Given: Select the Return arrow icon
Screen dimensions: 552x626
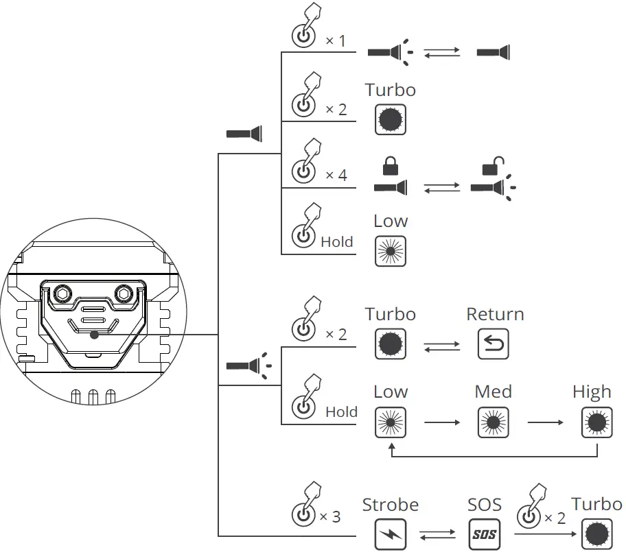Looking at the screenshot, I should pyautogui.click(x=494, y=344).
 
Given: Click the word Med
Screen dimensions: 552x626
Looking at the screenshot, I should pyautogui.click(x=494, y=392).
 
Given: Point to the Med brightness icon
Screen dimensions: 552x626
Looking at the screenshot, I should pyautogui.click(x=494, y=422).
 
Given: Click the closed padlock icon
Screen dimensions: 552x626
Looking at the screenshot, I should pyautogui.click(x=390, y=165).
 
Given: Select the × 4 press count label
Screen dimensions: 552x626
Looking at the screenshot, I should pyautogui.click(x=336, y=175).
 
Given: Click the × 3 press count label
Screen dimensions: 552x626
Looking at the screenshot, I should pyautogui.click(x=329, y=516).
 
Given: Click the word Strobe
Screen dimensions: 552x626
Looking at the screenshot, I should pyautogui.click(x=391, y=505).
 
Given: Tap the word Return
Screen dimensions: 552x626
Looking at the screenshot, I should pyautogui.click(x=495, y=314).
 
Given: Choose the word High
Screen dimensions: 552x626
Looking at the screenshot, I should pyautogui.click(x=592, y=392).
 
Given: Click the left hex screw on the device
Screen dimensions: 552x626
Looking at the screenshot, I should pyautogui.click(x=61, y=293).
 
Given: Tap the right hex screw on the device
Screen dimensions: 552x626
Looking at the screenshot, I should pyautogui.click(x=124, y=293).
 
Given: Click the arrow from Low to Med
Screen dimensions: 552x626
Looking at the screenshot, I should pyautogui.click(x=442, y=422).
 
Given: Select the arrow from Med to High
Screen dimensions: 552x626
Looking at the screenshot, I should pyautogui.click(x=544, y=422).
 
